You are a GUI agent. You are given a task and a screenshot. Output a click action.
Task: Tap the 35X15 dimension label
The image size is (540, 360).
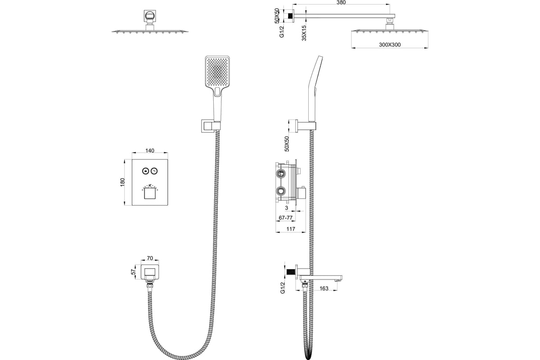pyautogui.click(x=305, y=33)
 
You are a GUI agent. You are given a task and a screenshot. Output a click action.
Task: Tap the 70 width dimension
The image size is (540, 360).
pyautogui.click(x=150, y=259)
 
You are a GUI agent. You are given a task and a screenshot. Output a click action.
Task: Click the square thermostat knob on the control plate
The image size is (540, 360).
pyautogui.click(x=149, y=193)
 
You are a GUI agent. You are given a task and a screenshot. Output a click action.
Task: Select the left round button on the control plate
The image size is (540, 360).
pyautogui.click(x=145, y=171)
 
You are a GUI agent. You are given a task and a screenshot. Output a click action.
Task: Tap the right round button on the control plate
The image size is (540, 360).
pyautogui.click(x=154, y=171)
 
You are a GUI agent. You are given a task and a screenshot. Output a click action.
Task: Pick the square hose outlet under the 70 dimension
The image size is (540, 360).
pyautogui.click(x=150, y=272)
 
